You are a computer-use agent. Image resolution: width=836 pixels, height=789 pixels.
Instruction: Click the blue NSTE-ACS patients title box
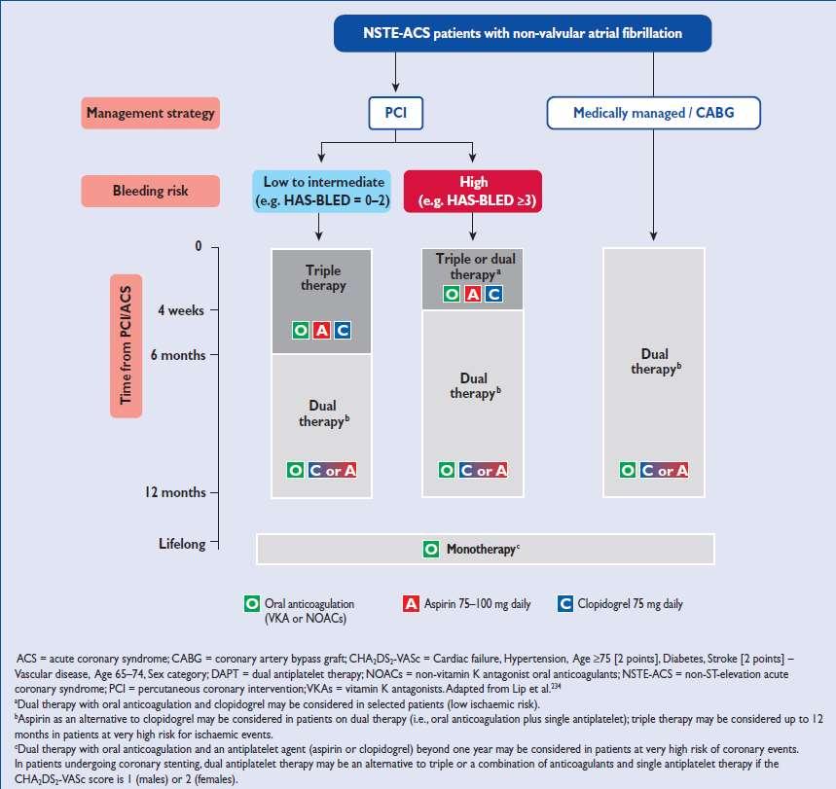coord(523,33)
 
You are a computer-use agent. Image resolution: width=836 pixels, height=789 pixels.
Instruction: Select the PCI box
coord(395,113)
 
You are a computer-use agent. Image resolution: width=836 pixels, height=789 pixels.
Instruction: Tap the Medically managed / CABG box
coord(654,113)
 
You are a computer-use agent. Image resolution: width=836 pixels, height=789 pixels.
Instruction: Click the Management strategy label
coord(150,113)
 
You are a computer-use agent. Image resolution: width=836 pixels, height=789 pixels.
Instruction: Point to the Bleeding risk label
coord(150,191)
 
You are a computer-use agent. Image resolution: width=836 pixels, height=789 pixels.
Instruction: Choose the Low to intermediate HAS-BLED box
coord(321,191)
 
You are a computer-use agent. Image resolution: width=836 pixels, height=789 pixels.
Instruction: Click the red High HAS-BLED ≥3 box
coord(473,191)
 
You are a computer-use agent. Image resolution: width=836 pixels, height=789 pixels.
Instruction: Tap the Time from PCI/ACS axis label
coord(126,346)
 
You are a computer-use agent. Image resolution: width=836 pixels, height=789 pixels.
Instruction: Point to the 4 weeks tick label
coord(181,310)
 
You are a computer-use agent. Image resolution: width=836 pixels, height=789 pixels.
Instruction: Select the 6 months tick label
coord(178,355)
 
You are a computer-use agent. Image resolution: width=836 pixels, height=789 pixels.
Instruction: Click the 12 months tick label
coord(175,492)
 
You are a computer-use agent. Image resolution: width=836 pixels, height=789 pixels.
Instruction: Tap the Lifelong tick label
coord(182,544)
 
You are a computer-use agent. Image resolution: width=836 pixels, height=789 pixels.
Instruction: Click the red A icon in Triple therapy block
coord(321,331)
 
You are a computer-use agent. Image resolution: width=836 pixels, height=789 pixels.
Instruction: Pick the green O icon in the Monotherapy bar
coord(431,549)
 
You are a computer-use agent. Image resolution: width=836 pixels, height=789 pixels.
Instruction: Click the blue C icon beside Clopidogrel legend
coord(565,604)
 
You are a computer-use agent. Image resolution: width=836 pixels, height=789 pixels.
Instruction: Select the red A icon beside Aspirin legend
coord(411,604)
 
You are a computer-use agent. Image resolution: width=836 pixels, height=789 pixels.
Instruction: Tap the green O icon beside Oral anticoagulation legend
coord(252,604)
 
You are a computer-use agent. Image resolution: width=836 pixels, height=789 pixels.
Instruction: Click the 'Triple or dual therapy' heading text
coord(476,267)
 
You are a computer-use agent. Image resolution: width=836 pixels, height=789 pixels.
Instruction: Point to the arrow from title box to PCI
coord(395,72)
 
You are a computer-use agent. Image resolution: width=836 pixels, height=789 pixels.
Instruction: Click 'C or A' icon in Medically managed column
coord(665,470)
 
